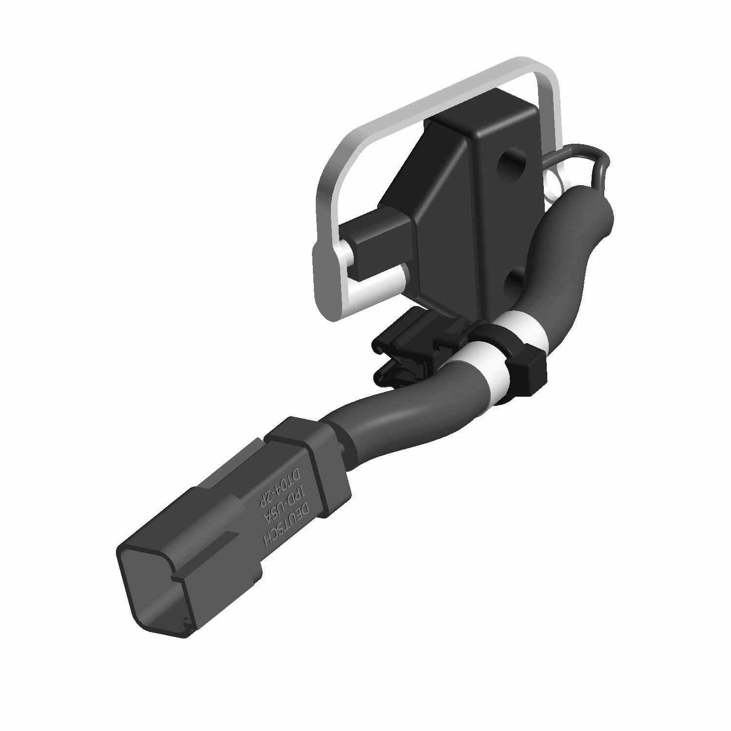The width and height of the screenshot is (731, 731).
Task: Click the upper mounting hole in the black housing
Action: pos(509,166)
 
